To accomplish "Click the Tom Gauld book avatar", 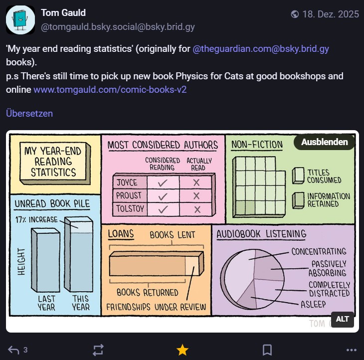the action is click(x=20, y=20).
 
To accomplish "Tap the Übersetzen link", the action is click(x=29, y=114).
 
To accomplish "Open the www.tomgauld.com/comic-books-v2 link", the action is click(x=110, y=90).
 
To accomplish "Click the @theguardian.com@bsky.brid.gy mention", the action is click(x=261, y=49).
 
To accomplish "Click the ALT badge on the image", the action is click(x=343, y=319).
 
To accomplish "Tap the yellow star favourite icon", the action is click(x=182, y=350).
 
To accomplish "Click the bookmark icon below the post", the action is click(x=267, y=350).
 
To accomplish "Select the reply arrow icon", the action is click(x=13, y=350).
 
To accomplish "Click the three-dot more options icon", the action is click(x=352, y=350).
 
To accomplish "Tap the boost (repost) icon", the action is click(x=98, y=350).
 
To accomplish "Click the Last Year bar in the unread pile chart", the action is click(x=45, y=260).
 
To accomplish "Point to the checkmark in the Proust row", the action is click(x=163, y=196).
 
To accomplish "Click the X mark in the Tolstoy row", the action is click(x=197, y=209).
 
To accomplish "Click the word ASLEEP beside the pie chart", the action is click(x=313, y=304).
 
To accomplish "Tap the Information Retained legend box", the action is click(x=298, y=200).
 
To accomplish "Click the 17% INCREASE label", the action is click(x=36, y=219).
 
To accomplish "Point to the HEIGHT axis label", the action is click(x=21, y=262).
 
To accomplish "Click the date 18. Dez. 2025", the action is click(x=331, y=14).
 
